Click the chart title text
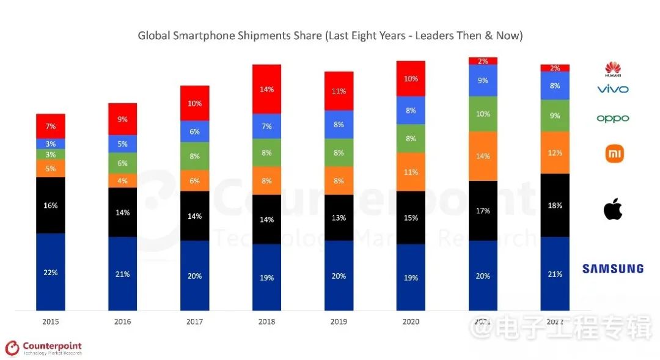click(330, 35)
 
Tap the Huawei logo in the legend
click(612, 70)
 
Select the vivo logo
click(612, 89)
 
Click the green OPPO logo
click(612, 118)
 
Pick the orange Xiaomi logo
click(614, 153)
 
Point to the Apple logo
click(612, 210)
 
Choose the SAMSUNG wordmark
click(612, 268)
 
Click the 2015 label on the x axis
click(51, 321)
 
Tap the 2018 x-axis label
click(266, 321)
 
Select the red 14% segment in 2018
click(266, 89)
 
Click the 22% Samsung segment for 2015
click(51, 272)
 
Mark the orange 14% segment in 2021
click(483, 156)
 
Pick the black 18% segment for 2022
click(555, 205)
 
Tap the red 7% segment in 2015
click(51, 126)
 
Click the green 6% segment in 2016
click(123, 163)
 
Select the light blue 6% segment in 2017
click(195, 131)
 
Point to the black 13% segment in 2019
click(339, 218)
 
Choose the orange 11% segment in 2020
click(411, 172)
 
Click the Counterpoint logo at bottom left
click(43, 348)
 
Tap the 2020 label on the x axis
click(411, 321)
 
